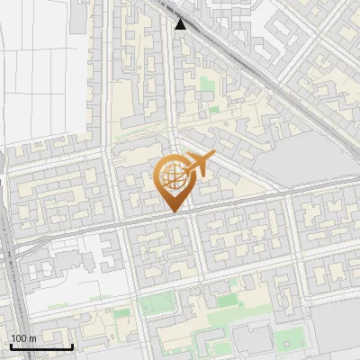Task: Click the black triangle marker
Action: tap(181, 24)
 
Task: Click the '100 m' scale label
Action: tap(23, 337)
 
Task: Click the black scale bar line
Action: tap(41, 346)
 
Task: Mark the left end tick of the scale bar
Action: tap(11, 345)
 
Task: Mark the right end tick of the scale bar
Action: tap(73, 345)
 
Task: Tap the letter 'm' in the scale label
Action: tap(32, 337)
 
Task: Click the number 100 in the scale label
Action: tap(18, 337)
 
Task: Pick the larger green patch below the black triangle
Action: tap(208, 87)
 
